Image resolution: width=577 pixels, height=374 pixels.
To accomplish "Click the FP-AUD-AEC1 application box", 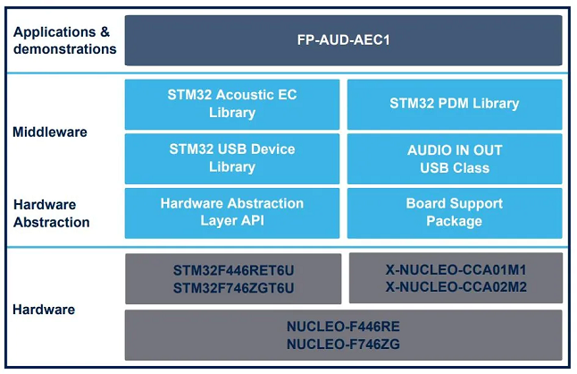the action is pyautogui.click(x=343, y=40).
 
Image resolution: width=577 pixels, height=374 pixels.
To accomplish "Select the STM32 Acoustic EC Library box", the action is pyautogui.click(x=232, y=105).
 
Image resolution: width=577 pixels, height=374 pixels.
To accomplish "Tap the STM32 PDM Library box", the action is pyautogui.click(x=455, y=105).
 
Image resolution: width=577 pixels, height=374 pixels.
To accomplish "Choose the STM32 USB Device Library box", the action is pyautogui.click(x=232, y=158).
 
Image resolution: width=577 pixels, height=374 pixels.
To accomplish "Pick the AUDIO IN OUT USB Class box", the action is pyautogui.click(x=455, y=158).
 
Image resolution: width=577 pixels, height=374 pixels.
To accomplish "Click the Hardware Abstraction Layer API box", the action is pyautogui.click(x=232, y=213).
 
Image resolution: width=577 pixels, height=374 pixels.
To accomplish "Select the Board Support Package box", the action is pyautogui.click(x=455, y=213).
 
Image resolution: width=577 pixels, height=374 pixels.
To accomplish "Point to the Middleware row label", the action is pyautogui.click(x=50, y=132).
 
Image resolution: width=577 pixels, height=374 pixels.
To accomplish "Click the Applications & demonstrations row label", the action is pyautogui.click(x=65, y=40).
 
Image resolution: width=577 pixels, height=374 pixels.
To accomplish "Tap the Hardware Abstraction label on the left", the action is pyautogui.click(x=52, y=213).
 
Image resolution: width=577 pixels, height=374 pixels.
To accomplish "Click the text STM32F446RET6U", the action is pyautogui.click(x=234, y=270).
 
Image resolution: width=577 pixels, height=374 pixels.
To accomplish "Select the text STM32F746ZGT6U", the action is pyautogui.click(x=234, y=288).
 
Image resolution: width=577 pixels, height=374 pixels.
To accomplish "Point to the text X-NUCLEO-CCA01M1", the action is pyautogui.click(x=456, y=270).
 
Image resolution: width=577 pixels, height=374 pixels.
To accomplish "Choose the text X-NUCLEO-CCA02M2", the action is pyautogui.click(x=456, y=287).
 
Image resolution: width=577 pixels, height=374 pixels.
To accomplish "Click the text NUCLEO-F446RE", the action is pyautogui.click(x=343, y=327).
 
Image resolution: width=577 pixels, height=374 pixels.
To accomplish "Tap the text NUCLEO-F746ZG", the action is pyautogui.click(x=343, y=344).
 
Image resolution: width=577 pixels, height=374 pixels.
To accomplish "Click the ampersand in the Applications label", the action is pyautogui.click(x=105, y=32).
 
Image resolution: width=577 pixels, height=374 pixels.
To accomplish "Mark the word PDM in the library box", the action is pyautogui.click(x=454, y=104).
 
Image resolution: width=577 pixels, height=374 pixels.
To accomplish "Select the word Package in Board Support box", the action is pyautogui.click(x=454, y=221).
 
